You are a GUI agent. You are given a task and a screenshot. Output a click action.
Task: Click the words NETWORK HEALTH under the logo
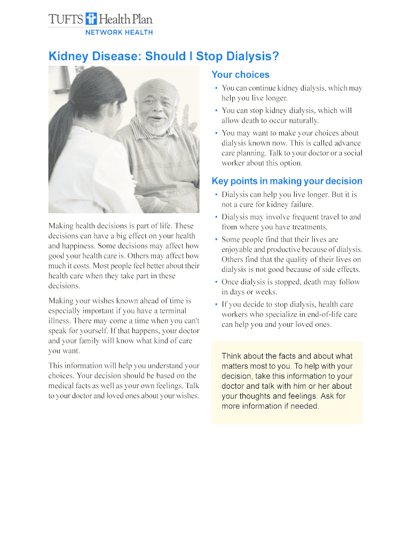120,33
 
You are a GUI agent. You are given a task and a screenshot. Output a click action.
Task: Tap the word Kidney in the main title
68,57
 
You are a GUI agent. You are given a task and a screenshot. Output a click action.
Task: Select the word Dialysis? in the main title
252,57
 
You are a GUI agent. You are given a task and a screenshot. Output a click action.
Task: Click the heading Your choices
240,75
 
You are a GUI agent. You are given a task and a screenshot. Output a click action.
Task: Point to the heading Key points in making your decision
287,181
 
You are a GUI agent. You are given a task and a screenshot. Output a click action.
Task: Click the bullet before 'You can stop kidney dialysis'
216,111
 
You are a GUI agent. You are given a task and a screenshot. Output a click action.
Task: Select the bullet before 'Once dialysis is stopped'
216,282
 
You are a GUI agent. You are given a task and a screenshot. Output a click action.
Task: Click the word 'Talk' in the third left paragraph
192,386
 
